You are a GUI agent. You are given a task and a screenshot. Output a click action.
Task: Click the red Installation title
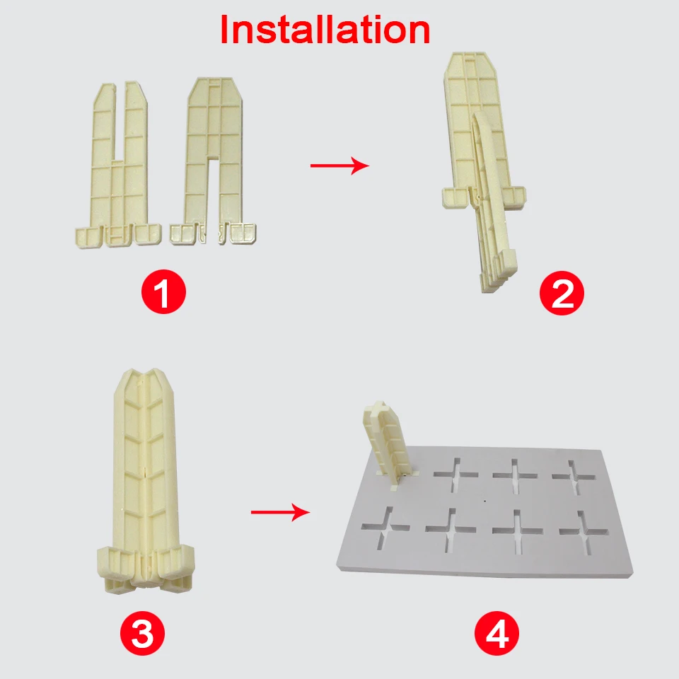coord(325,30)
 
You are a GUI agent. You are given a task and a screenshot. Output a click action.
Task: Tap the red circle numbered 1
coord(163,291)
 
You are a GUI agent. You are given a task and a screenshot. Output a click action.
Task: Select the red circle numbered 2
coord(562,293)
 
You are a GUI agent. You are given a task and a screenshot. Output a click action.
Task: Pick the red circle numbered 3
coord(142,633)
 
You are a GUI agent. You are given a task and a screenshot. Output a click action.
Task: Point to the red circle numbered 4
coord(497,633)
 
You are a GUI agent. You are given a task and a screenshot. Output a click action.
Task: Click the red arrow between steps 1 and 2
coord(339,166)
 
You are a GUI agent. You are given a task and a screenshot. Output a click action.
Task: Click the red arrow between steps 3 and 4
coord(281,512)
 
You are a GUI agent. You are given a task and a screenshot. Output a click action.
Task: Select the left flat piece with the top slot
coord(118,165)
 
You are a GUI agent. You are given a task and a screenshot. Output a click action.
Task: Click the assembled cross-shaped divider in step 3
coord(144,481)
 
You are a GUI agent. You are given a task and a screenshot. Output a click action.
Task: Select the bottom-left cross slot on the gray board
coord(385,528)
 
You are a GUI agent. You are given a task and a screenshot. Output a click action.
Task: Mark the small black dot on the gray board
coord(484,501)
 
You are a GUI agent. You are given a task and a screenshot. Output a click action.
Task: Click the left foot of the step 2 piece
coord(454,197)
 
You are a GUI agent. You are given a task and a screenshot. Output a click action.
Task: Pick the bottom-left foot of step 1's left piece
coord(88,238)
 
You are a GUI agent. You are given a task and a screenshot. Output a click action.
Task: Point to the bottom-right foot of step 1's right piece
coord(243,234)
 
